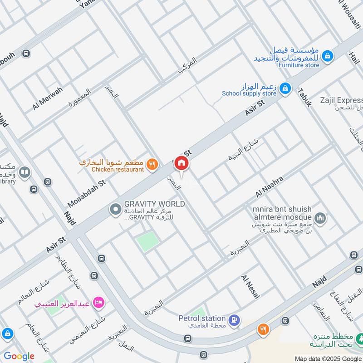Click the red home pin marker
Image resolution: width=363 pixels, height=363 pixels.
click(x=181, y=163)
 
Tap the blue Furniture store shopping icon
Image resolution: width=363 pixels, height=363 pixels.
click(x=327, y=56)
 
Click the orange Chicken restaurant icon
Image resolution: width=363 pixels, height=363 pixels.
click(x=153, y=165)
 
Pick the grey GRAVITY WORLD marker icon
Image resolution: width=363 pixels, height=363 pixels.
click(x=115, y=209)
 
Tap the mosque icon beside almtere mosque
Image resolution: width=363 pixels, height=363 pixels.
click(x=320, y=218)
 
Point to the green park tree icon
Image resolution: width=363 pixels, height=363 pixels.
click(x=360, y=338)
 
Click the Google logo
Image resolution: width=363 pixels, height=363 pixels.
click(x=19, y=356)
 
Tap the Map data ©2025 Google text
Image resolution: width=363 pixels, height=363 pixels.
click(x=328, y=358)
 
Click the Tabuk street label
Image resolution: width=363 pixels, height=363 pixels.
click(x=304, y=97)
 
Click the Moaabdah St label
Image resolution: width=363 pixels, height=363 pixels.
click(x=86, y=193)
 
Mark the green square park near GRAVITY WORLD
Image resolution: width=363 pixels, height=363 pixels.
click(x=148, y=241)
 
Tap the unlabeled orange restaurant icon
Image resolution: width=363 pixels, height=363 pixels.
click(x=263, y=329)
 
